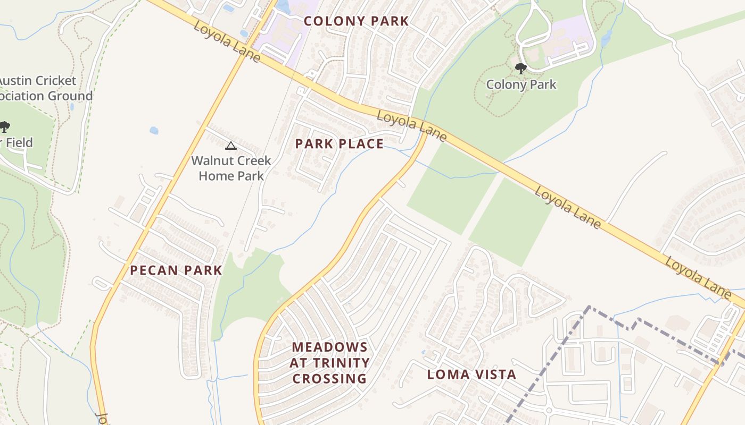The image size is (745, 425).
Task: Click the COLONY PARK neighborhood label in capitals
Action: tap(356, 21)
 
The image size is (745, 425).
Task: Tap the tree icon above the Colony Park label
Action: tap(521, 68)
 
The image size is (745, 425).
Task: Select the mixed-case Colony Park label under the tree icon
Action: tap(521, 84)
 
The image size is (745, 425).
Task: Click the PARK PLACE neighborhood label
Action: tap(339, 144)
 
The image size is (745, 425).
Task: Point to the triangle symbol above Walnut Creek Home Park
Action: tap(230, 146)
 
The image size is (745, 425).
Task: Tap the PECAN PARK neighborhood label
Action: tap(176, 270)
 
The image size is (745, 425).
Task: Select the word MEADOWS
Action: tap(330, 347)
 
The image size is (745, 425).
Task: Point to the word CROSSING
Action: tap(330, 379)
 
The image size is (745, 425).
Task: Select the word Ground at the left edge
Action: tap(70, 96)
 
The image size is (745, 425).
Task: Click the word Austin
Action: tap(12, 81)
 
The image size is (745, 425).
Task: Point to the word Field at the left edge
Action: tap(19, 142)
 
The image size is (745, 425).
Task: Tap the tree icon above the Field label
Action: tap(4, 127)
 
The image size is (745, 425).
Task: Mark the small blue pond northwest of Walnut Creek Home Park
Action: tap(154, 130)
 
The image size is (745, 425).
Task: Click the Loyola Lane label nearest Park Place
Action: tap(411, 125)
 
